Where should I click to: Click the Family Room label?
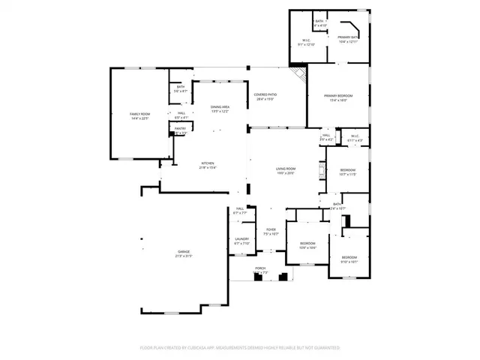[x=140, y=114]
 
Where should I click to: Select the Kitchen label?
[x=207, y=163]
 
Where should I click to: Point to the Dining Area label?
[x=220, y=107]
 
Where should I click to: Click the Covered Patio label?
[x=265, y=94]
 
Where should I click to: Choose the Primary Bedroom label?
[x=337, y=96]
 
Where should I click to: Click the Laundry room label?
[x=241, y=239]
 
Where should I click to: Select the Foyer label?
[x=271, y=229]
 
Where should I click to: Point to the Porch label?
[x=260, y=268]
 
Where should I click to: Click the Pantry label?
[x=180, y=128]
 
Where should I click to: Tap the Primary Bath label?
[x=347, y=37]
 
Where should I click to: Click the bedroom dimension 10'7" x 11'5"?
[x=347, y=174]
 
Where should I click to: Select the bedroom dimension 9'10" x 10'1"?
[x=349, y=262]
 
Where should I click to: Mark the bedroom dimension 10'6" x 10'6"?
[x=308, y=247]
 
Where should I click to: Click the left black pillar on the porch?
[x=258, y=277]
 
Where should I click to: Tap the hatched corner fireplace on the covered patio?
[x=299, y=74]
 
